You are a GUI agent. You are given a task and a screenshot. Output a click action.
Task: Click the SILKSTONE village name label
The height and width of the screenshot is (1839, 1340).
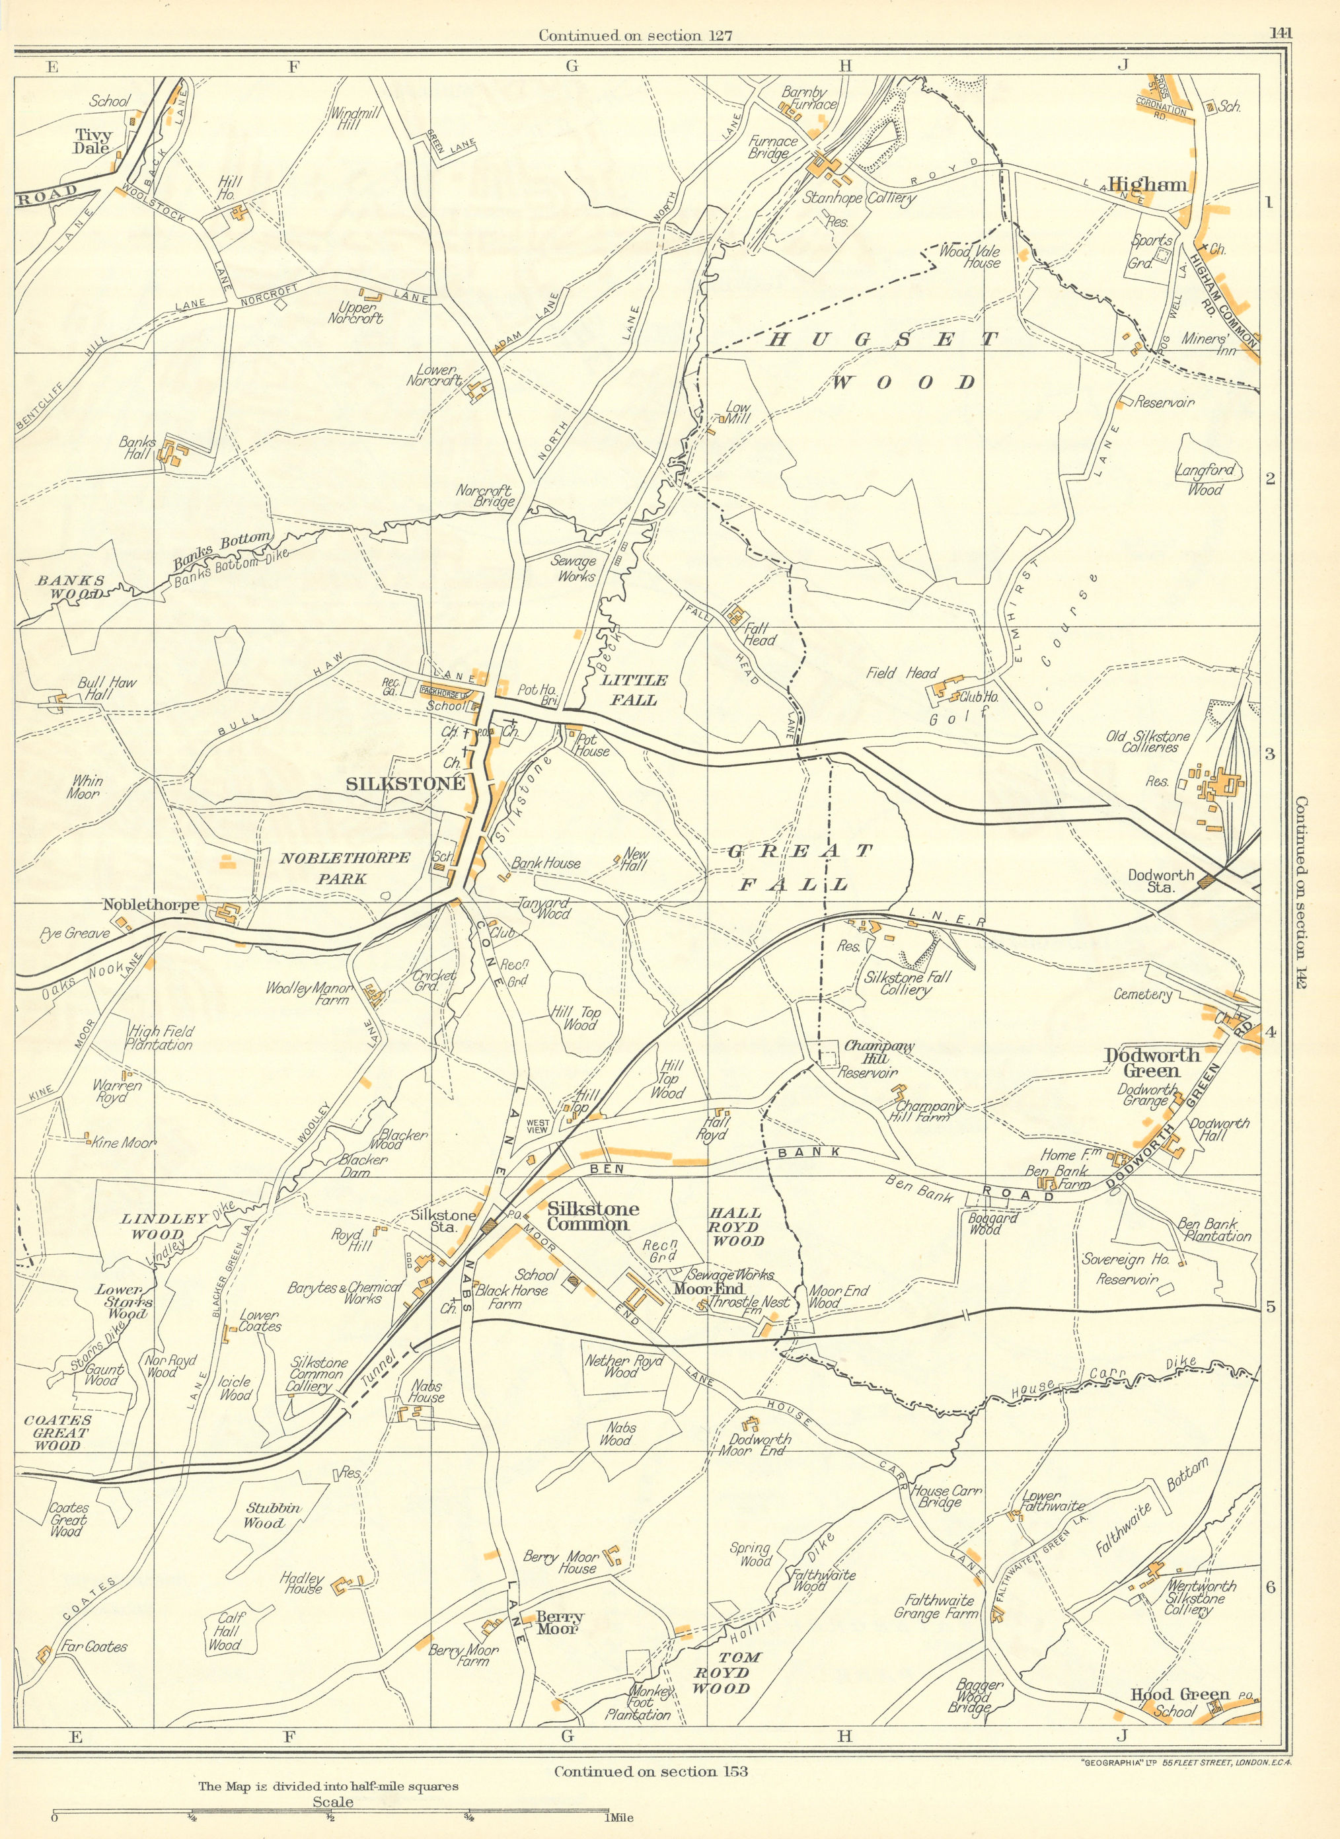pos(406,784)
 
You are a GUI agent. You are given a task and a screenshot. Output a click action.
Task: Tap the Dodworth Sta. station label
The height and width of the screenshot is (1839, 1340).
pos(1161,882)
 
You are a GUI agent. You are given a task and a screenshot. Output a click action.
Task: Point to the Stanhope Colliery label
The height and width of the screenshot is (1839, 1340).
pos(859,198)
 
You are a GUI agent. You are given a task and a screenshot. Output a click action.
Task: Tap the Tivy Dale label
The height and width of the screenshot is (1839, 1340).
pos(93,142)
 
